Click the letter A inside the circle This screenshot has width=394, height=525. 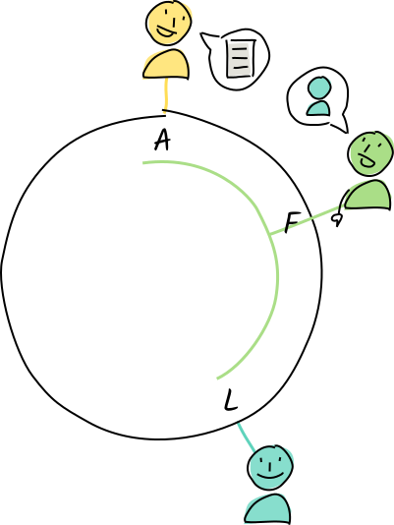tap(162, 141)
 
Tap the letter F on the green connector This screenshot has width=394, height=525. tap(292, 221)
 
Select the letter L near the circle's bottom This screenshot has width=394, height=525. tap(230, 400)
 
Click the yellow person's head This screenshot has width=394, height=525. tap(169, 23)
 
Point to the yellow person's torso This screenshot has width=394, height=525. tap(166, 64)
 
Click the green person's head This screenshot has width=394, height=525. tap(370, 153)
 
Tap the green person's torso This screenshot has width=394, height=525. tap(367, 195)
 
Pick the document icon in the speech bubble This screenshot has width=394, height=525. tap(241, 59)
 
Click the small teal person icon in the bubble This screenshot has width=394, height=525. tap(319, 96)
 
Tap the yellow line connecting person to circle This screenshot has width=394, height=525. tap(165, 95)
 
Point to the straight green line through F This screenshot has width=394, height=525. tap(306, 220)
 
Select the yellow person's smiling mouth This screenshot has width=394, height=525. tap(166, 31)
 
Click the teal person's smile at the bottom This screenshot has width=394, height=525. tap(270, 476)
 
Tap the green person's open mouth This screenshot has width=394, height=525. tap(367, 161)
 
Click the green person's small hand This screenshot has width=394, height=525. tap(337, 219)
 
